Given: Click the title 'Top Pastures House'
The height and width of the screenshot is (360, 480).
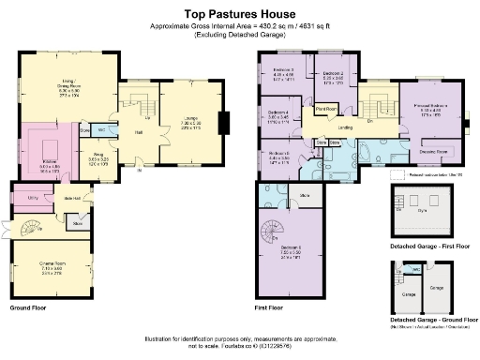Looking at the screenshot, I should [x=240, y=15].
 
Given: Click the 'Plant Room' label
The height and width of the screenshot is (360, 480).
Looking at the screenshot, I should [x=326, y=109].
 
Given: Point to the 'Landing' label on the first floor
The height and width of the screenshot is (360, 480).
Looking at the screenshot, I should [x=345, y=127].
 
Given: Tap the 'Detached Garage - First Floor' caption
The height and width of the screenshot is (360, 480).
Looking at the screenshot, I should [x=430, y=245].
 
